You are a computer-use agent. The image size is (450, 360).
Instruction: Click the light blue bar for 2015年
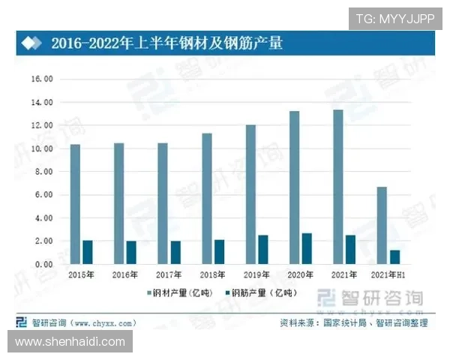point(75,204)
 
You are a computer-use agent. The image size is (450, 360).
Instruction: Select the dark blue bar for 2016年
point(131,253)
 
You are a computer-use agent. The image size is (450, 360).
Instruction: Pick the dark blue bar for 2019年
point(262,250)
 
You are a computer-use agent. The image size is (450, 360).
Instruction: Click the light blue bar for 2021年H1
point(382,226)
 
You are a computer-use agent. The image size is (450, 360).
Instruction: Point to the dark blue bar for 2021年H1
point(394,257)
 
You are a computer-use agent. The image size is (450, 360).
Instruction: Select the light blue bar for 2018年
point(207,199)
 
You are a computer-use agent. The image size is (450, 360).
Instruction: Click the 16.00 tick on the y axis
point(40,79)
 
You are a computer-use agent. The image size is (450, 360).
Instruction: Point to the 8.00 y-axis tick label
point(42,172)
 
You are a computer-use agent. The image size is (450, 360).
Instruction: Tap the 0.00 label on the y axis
point(42,264)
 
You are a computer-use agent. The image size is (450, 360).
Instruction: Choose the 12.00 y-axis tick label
point(40,125)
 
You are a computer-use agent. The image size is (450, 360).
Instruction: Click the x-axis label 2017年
point(169,276)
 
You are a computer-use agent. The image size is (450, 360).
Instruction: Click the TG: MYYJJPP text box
point(394,19)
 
